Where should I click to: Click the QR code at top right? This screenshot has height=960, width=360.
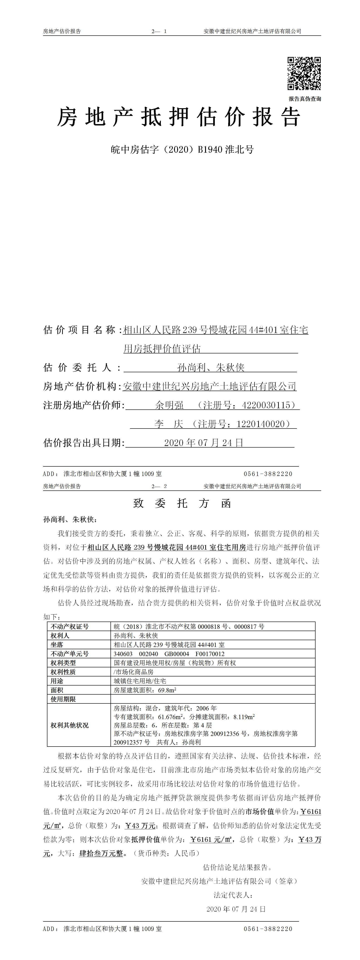coord(304,73)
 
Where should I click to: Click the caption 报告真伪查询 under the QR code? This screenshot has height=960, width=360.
coord(304,99)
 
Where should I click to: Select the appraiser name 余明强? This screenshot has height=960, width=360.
coord(170,405)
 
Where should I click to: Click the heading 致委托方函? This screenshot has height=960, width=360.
coord(182,504)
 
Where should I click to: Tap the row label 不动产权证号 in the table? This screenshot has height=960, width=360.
coord(70,627)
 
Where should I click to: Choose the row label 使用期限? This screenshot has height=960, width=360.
coord(63,699)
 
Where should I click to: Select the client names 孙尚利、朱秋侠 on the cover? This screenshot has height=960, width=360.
coord(211,368)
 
